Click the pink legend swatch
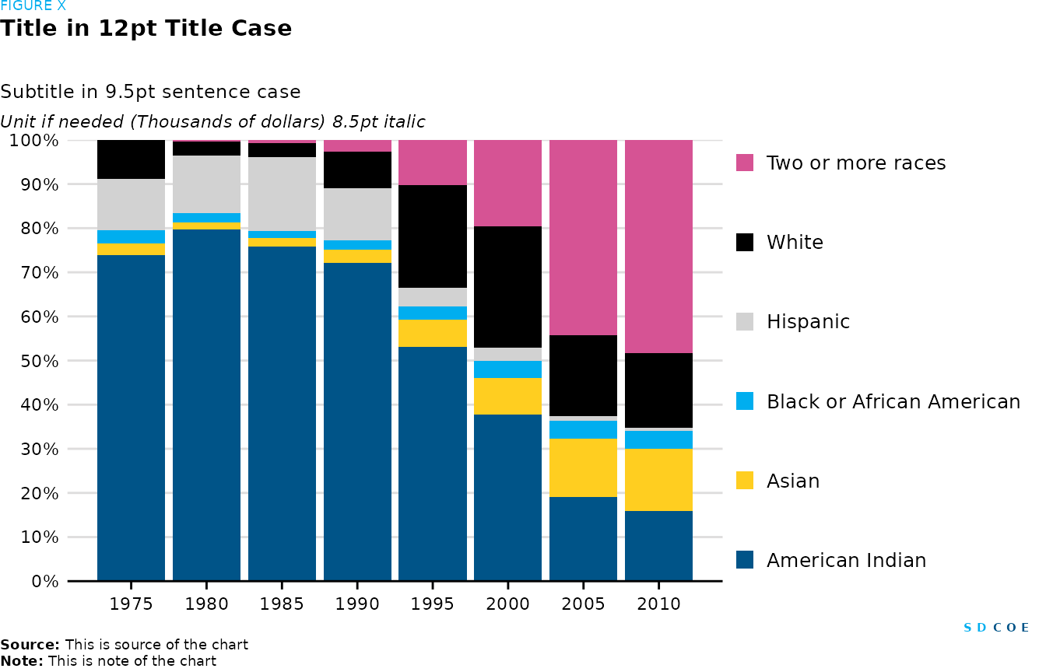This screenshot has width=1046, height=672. coord(745,163)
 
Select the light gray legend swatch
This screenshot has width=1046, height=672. coord(745,322)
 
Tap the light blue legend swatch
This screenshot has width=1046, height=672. coord(745,401)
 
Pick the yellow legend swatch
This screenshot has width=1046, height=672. coord(745,481)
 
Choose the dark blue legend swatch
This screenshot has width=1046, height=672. coord(745,560)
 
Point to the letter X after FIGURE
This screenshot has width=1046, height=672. coord(61,6)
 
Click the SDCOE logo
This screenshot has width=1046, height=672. coord(996,628)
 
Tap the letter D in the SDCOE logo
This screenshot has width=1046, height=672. coord(981,628)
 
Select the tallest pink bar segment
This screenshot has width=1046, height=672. coord(658,247)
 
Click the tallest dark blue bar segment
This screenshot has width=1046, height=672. coord(206,404)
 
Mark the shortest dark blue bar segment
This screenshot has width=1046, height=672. coord(658,545)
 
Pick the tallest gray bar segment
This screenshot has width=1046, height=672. coord(282,194)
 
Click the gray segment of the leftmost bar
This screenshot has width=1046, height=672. coord(131,204)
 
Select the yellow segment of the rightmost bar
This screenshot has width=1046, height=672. coord(658,480)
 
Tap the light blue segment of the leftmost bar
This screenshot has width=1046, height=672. coord(131,236)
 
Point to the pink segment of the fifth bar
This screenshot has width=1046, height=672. coord(433,163)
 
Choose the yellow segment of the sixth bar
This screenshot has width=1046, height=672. coord(507,396)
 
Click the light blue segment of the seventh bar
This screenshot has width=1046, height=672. coord(583,429)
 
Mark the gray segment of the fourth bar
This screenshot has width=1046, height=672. coord(357,214)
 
